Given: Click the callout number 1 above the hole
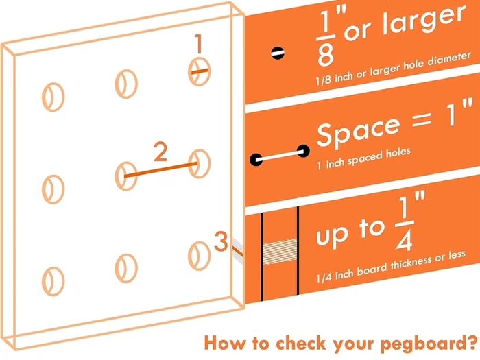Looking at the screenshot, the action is [x=199, y=43].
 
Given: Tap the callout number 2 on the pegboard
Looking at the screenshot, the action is [x=160, y=152].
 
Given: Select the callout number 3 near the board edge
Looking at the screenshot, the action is [x=221, y=241].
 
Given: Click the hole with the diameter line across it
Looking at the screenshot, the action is [x=199, y=71].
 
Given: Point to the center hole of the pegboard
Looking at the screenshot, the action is [x=126, y=176].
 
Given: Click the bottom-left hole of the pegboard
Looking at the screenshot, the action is [x=53, y=281].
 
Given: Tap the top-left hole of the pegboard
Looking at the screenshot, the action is [x=53, y=97].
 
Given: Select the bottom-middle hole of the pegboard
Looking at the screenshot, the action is [x=126, y=268].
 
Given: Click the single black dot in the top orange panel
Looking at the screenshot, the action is [x=278, y=53].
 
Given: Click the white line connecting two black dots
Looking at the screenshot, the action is [x=279, y=156].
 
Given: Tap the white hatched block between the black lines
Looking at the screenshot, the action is [x=280, y=252].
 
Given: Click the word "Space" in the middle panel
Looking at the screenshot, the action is [x=359, y=131].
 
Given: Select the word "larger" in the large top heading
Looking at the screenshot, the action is [x=424, y=21].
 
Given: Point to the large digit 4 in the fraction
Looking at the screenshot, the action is [x=404, y=239].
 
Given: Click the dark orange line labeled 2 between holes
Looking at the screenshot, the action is [x=160, y=170].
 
